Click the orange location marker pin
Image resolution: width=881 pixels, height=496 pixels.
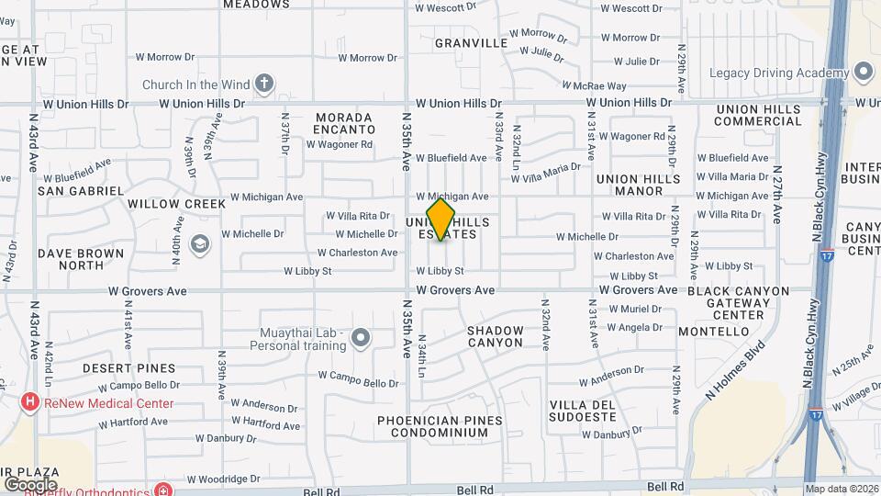(x=440, y=220)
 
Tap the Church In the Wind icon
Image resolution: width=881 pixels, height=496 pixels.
(x=264, y=85)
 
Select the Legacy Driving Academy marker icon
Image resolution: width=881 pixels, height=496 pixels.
(x=863, y=72)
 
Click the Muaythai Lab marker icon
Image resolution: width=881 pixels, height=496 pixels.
(x=361, y=338)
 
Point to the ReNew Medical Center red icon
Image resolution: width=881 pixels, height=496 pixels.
(x=30, y=402)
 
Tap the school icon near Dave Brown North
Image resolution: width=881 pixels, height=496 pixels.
(x=199, y=244)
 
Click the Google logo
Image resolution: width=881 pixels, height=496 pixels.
(x=30, y=484)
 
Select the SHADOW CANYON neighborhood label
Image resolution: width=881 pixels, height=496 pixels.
(x=496, y=336)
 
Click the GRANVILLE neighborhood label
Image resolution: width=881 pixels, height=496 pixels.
(x=471, y=43)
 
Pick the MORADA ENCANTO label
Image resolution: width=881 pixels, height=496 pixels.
(x=344, y=124)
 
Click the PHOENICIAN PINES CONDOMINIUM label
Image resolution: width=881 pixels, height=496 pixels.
(x=440, y=426)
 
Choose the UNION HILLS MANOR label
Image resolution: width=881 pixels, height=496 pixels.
(x=641, y=185)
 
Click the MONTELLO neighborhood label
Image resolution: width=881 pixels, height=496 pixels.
(x=715, y=331)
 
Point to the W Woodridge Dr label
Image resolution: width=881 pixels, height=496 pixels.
(x=224, y=479)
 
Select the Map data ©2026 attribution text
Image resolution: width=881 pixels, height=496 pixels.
(x=841, y=489)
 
